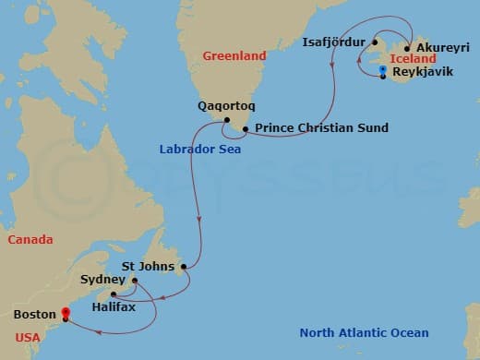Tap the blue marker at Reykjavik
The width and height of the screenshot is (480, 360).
point(383,71)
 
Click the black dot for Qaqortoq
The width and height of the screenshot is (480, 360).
point(226,119)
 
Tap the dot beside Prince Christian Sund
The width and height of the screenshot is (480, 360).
point(245,128)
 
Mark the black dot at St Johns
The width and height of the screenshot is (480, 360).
point(185,268)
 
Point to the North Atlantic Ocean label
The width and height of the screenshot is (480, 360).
point(363,333)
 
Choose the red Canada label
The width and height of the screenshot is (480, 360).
point(30,239)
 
